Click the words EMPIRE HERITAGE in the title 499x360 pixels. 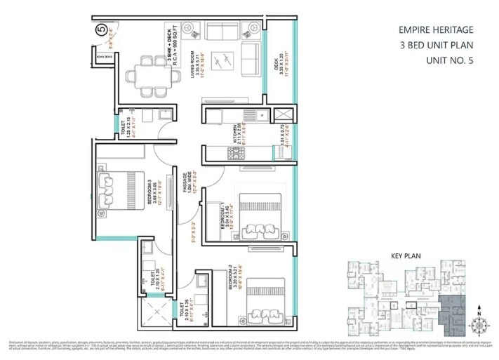coord(434,30)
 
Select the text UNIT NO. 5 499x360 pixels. coord(451,61)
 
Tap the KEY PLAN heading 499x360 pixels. coord(405,256)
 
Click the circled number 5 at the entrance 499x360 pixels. coord(101,30)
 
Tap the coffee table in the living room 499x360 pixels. coord(225,62)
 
